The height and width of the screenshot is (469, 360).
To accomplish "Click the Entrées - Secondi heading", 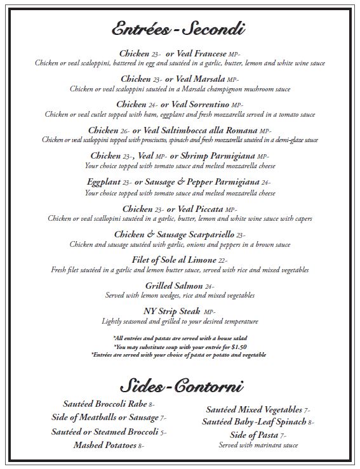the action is pyautogui.click(x=180, y=29).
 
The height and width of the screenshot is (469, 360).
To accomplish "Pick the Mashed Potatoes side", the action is pyautogui.click(x=105, y=445).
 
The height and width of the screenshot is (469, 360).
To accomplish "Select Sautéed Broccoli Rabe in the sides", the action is pyautogui.click(x=105, y=404).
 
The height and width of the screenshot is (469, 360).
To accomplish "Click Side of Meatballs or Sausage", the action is pyautogui.click(x=104, y=418).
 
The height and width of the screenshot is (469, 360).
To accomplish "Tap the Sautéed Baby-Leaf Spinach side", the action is pyautogui.click(x=254, y=422).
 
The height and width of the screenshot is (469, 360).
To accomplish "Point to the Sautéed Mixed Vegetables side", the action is pyautogui.click(x=253, y=409).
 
